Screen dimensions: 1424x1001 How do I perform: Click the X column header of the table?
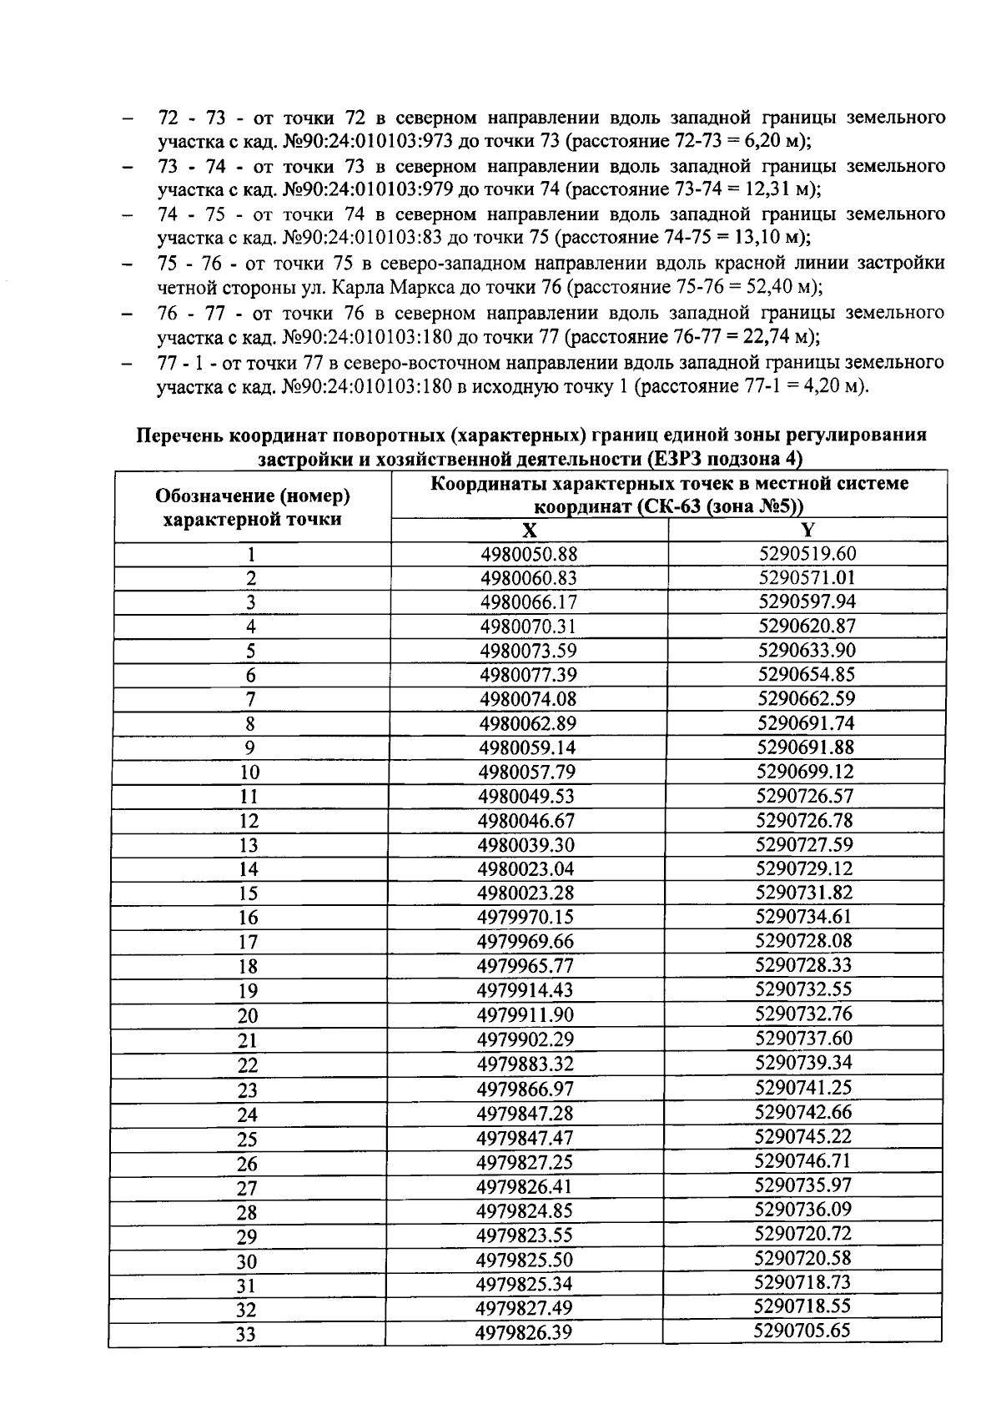click(x=529, y=531)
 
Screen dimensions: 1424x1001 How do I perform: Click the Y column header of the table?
click(x=807, y=530)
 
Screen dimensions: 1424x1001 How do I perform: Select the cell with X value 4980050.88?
click(x=529, y=555)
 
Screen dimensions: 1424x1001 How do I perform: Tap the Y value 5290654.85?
click(x=807, y=675)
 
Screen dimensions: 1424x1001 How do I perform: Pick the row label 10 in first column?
click(x=249, y=772)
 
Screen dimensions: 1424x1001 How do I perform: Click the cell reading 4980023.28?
click(x=526, y=893)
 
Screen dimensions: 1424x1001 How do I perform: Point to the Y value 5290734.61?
click(x=803, y=917)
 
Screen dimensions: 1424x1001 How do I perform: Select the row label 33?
click(x=245, y=1335)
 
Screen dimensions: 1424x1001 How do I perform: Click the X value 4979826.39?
click(x=523, y=1332)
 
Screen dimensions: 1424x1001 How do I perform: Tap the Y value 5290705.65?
click(x=802, y=1331)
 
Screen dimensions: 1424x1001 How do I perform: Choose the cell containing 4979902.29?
click(x=526, y=1039)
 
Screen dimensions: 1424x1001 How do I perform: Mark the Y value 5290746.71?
click(x=802, y=1160)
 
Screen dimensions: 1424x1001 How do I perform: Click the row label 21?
click(x=248, y=1040)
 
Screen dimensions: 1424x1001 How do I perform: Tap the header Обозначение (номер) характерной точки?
click(x=252, y=507)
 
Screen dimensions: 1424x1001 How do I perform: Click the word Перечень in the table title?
click(x=180, y=435)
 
